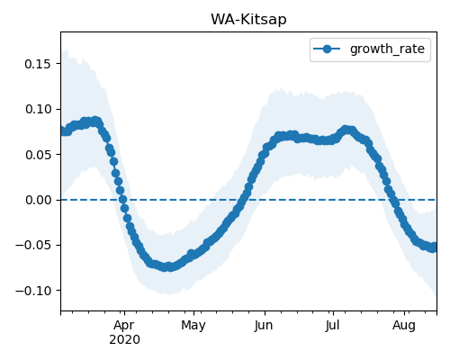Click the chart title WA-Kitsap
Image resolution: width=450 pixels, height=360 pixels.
[x=248, y=20]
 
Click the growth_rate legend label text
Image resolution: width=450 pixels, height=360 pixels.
[x=387, y=49]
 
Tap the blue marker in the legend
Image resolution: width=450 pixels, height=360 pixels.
[x=327, y=49]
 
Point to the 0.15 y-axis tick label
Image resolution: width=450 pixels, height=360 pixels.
[x=38, y=64]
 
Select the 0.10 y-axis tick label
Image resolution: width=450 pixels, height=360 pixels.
[x=38, y=109]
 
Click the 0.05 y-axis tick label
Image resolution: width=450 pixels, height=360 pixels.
[x=38, y=155]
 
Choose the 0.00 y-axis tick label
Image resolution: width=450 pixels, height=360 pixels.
[x=38, y=200]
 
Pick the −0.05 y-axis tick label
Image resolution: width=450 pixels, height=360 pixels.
[x=33, y=246]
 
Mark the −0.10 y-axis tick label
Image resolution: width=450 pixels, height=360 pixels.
[x=33, y=291]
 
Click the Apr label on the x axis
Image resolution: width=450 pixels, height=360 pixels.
[x=124, y=326]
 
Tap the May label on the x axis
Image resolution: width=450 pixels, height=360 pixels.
[x=193, y=326]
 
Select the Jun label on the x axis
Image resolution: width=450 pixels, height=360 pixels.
[x=264, y=326]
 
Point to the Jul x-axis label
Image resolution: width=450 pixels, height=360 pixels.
[x=332, y=326]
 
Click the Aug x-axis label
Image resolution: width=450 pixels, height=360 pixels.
[x=404, y=326]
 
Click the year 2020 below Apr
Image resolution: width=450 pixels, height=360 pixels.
[x=124, y=340]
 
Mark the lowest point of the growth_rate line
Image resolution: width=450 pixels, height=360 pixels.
[x=170, y=267]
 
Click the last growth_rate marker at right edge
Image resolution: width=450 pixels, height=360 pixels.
[x=434, y=247]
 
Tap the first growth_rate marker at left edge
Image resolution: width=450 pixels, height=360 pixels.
[x=63, y=131]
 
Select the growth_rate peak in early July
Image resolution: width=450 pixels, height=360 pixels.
[x=346, y=130]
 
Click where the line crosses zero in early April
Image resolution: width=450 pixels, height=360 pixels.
[x=122, y=199]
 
